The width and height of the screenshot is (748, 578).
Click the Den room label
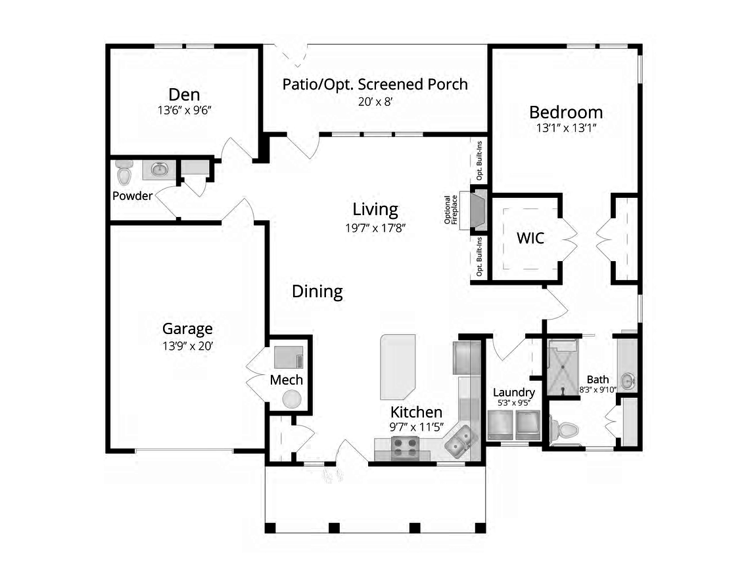tap(184, 94)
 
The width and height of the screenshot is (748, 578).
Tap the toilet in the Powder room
tap(124, 173)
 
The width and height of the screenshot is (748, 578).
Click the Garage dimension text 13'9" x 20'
tap(187, 346)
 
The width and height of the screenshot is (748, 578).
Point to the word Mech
tap(287, 380)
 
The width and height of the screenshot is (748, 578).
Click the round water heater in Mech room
tap(291, 399)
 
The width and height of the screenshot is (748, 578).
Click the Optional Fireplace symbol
tap(477, 210)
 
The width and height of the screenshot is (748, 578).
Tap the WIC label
tap(530, 238)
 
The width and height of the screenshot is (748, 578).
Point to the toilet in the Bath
tap(563, 431)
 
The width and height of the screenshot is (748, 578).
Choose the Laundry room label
tap(513, 393)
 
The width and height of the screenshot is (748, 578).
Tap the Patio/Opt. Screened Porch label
tap(375, 84)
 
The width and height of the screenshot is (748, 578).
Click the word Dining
tap(317, 291)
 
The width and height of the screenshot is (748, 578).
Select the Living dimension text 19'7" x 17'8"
tap(375, 228)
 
